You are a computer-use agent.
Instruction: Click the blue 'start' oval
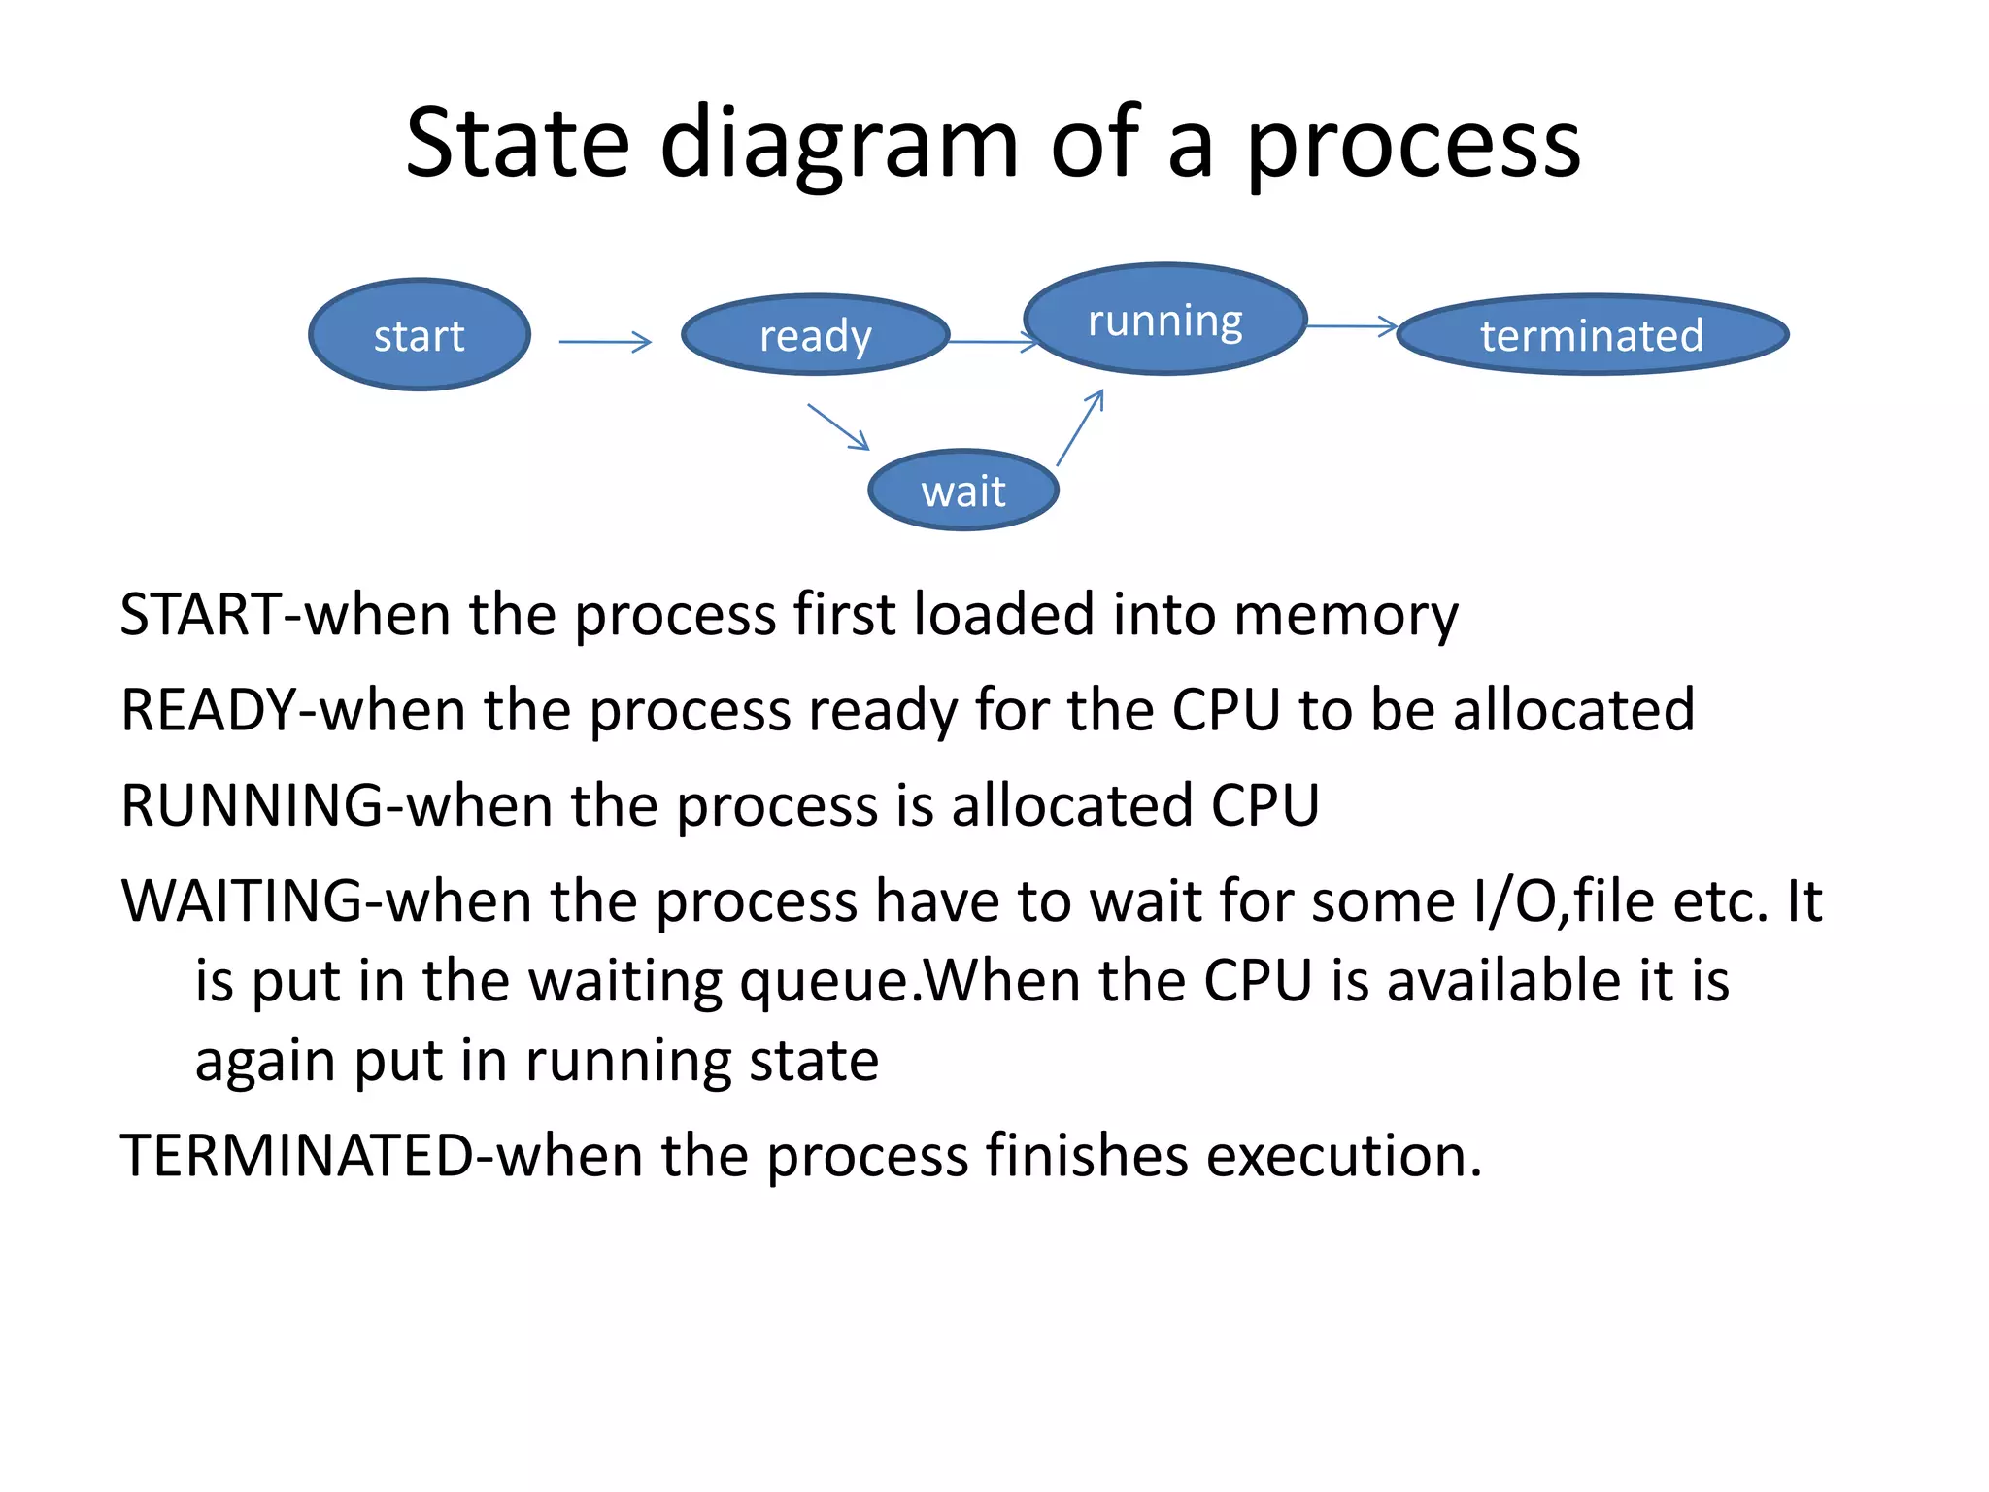420,335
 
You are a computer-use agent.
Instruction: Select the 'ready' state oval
815,335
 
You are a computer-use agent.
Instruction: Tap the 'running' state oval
1164,320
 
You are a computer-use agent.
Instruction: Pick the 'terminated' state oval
1592,335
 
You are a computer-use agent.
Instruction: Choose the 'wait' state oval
962,491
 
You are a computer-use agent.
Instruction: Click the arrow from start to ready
604,342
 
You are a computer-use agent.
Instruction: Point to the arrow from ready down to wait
838,427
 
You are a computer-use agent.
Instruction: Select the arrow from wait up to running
1080,427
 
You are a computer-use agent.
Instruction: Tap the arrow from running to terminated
1352,326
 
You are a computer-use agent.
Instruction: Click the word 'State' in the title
518,144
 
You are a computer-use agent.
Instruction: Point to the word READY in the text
208,710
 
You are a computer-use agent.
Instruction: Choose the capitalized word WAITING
242,900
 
